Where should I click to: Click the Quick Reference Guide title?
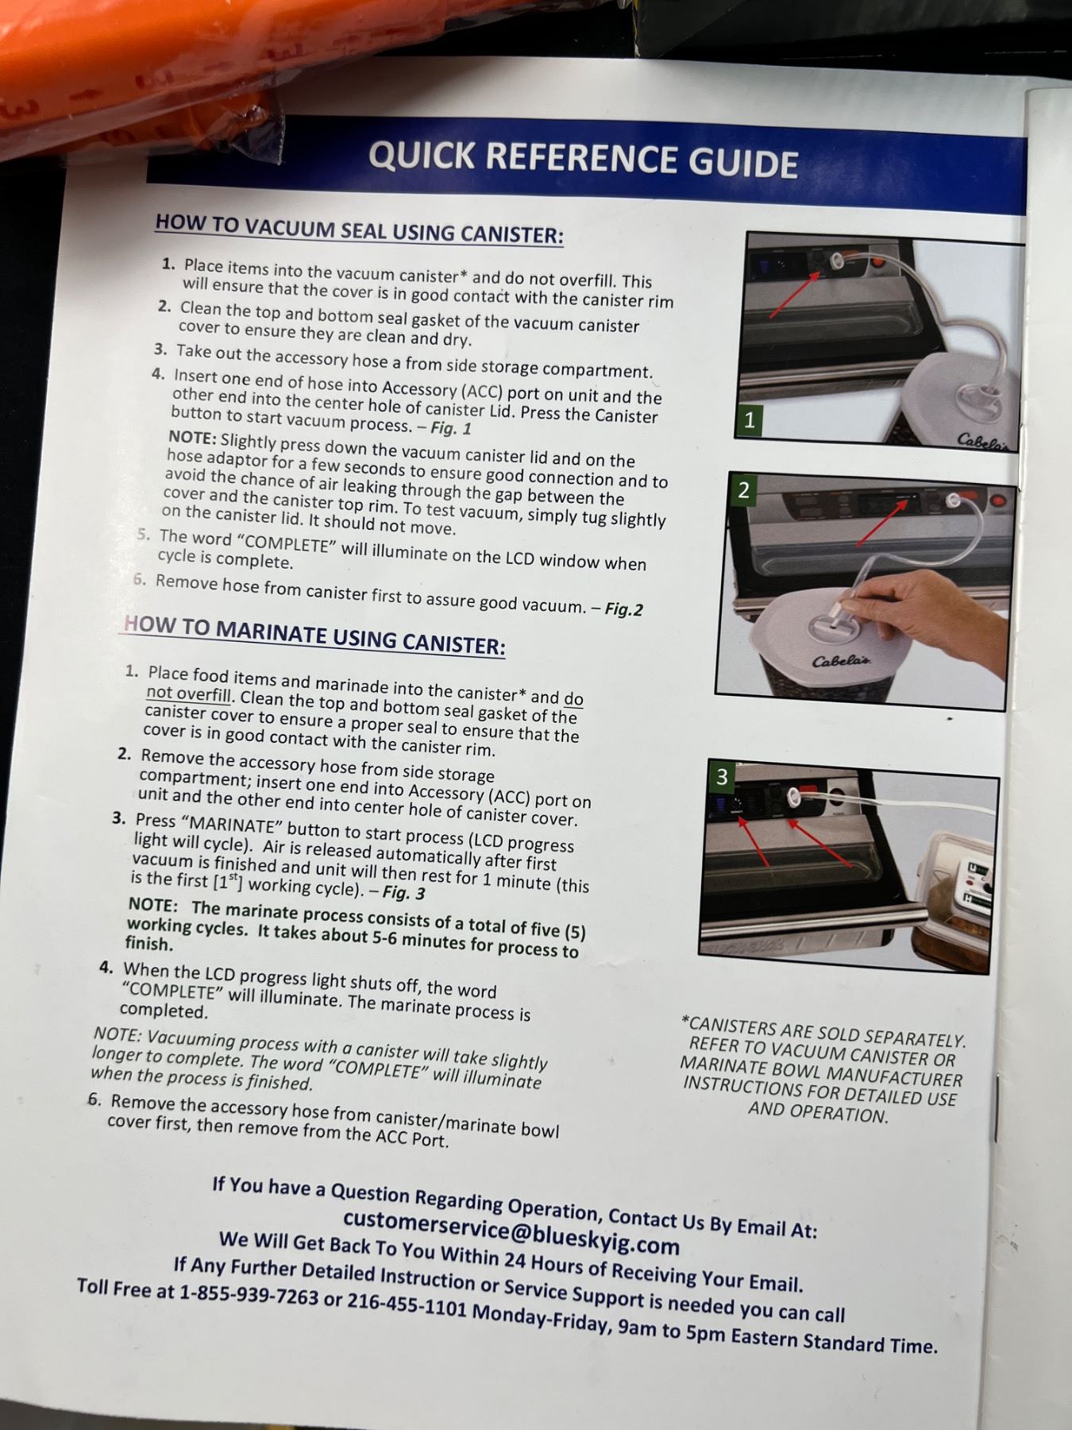pyautogui.click(x=583, y=159)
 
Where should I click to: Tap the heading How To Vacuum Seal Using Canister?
pyautogui.click(x=359, y=228)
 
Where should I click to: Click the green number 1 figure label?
pyautogui.click(x=749, y=419)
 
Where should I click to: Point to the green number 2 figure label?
pyautogui.click(x=742, y=490)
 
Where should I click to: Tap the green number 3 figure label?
pyautogui.click(x=721, y=776)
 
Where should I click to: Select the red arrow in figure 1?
pyautogui.click(x=794, y=294)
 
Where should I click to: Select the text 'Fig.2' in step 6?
pyautogui.click(x=623, y=609)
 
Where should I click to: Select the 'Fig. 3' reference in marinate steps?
pyautogui.click(x=403, y=892)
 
